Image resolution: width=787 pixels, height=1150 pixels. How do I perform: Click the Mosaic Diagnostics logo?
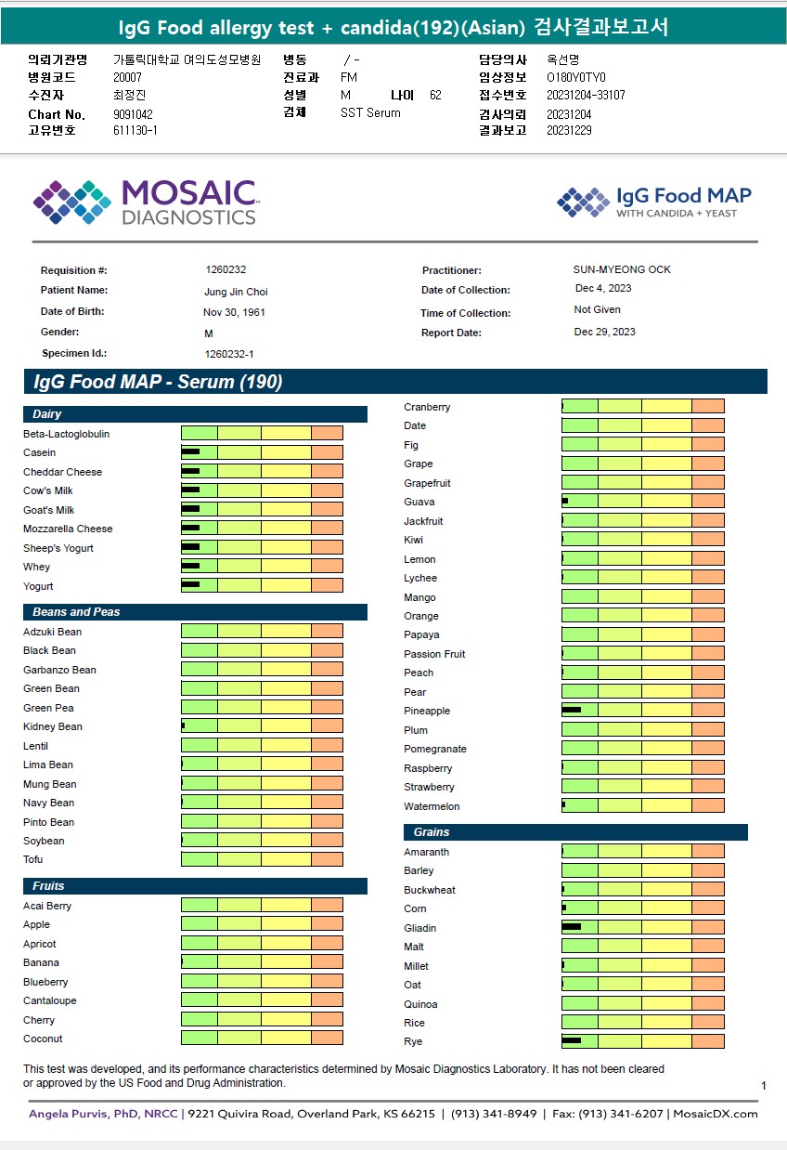pyautogui.click(x=145, y=203)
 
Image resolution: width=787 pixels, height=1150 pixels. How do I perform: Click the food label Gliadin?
pyautogui.click(x=420, y=928)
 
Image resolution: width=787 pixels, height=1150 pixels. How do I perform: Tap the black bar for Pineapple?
pyautogui.click(x=572, y=710)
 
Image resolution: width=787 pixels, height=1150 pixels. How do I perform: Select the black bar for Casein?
pyautogui.click(x=190, y=452)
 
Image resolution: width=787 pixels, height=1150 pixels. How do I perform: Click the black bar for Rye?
pyautogui.click(x=572, y=1040)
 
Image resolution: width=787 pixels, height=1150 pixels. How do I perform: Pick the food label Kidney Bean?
pyautogui.click(x=53, y=726)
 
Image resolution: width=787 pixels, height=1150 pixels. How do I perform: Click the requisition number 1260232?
pyautogui.click(x=226, y=269)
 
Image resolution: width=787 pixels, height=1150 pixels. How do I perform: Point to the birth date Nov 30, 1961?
pyautogui.click(x=234, y=312)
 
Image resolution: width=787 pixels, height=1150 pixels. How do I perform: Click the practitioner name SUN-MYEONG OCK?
pyautogui.click(x=622, y=269)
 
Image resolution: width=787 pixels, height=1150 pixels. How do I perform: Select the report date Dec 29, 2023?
pyautogui.click(x=605, y=332)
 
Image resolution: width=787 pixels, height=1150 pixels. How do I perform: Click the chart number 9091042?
pyautogui.click(x=133, y=114)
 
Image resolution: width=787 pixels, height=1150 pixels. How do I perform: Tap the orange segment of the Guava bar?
pyautogui.click(x=708, y=502)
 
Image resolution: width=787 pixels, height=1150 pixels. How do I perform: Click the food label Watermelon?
pyautogui.click(x=432, y=806)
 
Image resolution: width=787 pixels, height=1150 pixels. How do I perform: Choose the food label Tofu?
pyautogui.click(x=33, y=859)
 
